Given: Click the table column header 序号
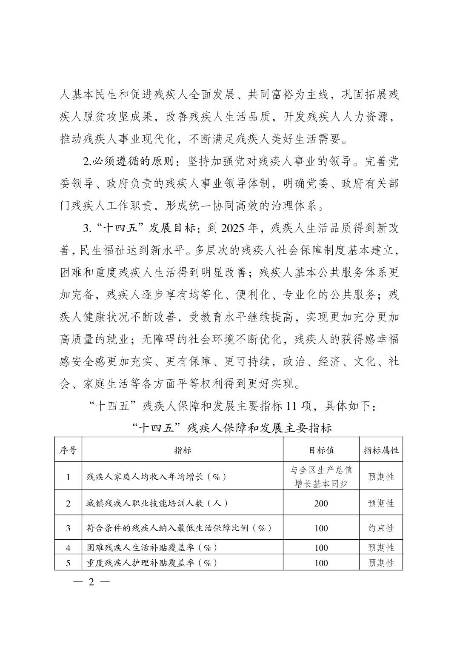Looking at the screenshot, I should tap(68, 450).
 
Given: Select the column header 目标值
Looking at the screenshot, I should tap(321, 450).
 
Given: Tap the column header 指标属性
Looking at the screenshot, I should tap(381, 450).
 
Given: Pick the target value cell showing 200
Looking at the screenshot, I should tap(321, 503).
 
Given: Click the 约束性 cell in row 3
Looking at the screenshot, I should tap(381, 528).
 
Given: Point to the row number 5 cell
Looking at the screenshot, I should tap(68, 563).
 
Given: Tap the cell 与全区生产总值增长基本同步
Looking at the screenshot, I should tap(321, 476).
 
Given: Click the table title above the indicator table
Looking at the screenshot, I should tap(231, 428).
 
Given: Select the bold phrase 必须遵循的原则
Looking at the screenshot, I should tap(134, 162).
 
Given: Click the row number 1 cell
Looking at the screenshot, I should tap(68, 476).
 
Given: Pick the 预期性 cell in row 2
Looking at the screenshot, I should tap(381, 503).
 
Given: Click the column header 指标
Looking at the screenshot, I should tap(182, 450).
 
